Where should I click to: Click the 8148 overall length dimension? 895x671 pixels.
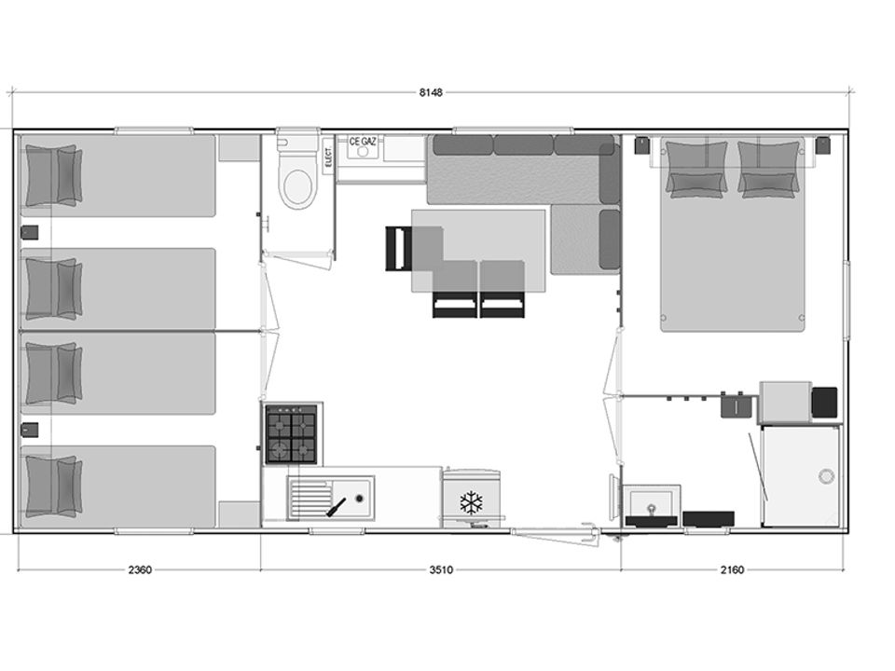pos(431,93)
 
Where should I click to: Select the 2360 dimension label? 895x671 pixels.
pos(140,569)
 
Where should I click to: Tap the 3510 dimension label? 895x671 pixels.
pos(441,569)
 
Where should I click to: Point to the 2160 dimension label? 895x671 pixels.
pos(732,569)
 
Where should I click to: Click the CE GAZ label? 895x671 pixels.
pos(363,141)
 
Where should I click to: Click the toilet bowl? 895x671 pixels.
pos(297,180)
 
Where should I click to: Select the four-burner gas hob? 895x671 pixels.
pos(291,434)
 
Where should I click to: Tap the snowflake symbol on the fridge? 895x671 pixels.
pos(472,502)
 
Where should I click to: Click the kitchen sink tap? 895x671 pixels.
pos(337,507)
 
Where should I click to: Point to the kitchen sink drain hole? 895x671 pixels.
pos(359,498)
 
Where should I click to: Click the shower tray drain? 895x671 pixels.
pos(826,476)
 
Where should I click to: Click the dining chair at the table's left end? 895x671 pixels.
pos(399,249)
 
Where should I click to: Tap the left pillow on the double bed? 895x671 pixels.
pos(696,169)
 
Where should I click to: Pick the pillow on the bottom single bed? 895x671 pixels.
pos(53,486)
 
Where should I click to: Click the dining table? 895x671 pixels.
pos(478,251)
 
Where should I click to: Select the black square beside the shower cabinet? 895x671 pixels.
pos(824,403)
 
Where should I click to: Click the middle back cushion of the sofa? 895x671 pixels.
pos(523,145)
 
